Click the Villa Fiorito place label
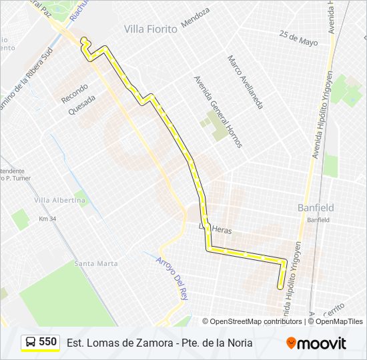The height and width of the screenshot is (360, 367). (151, 29)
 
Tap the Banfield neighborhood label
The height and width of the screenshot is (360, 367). (316, 208)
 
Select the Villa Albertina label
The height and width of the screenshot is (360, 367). (60, 200)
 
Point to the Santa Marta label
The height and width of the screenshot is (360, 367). (96, 263)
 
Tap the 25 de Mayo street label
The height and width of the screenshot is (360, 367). (298, 37)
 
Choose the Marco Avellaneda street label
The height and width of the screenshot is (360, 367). (245, 82)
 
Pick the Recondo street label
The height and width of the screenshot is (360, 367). (74, 93)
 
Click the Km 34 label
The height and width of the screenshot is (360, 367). (47, 219)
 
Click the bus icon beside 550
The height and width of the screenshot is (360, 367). (30, 343)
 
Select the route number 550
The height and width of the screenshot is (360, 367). (48, 342)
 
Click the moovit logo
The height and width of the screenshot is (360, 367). (316, 343)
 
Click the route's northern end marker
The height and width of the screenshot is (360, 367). (84, 41)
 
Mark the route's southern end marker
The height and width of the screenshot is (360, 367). (280, 287)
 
